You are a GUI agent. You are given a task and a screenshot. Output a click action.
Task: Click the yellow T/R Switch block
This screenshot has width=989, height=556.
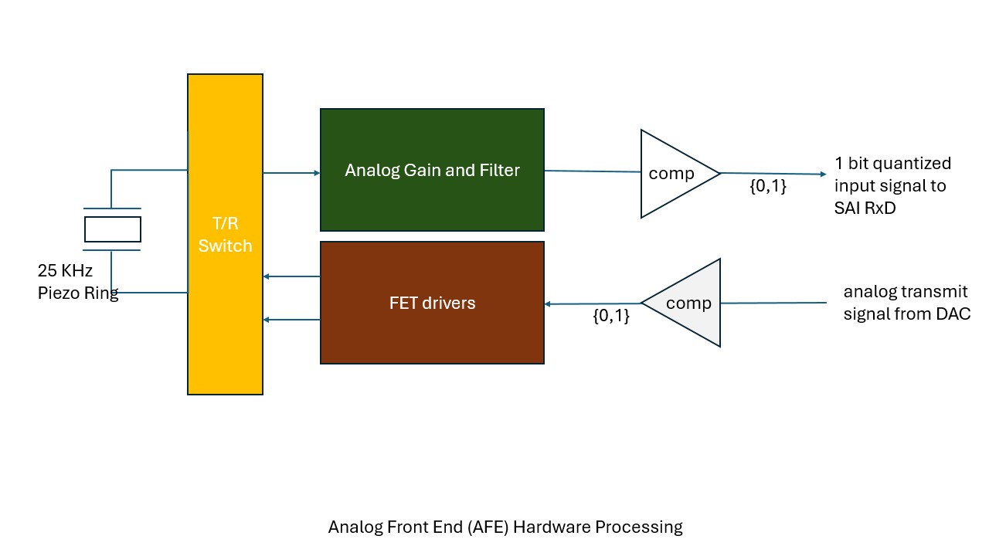225,234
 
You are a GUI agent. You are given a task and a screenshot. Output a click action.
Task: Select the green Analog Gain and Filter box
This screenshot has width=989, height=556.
432,170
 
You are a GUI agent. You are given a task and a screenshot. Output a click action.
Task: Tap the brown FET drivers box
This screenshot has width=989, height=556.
432,303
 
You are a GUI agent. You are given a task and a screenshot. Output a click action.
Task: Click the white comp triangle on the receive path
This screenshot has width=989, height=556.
671,174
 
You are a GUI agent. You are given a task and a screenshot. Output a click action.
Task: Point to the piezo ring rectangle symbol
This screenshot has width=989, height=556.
113,229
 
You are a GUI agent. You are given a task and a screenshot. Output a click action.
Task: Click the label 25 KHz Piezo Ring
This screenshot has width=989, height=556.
77,283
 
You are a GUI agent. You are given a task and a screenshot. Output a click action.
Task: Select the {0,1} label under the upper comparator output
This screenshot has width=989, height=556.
768,186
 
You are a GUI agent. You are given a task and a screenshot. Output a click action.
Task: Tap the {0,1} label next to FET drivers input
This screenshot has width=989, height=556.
611,316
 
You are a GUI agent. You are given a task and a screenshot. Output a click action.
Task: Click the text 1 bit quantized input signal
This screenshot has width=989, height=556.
892,175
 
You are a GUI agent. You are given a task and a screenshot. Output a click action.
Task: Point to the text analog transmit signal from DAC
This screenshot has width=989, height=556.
906,303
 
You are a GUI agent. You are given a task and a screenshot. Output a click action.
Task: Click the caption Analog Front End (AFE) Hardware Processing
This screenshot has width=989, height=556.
505,527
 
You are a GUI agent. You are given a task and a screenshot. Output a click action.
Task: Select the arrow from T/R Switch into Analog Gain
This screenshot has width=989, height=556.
291,173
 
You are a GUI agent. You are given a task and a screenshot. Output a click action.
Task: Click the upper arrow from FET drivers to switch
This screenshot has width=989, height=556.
291,276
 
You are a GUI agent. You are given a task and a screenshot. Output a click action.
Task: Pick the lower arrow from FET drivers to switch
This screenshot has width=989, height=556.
291,320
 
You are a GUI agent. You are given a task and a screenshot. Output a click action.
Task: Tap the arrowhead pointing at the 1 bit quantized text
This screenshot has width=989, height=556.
823,174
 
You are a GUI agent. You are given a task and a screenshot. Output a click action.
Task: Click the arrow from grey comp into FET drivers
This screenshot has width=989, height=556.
593,303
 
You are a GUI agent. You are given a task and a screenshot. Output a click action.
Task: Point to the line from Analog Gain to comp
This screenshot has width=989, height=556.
592,171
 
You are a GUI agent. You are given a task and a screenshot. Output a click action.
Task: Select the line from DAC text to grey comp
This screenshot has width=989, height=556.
773,303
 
